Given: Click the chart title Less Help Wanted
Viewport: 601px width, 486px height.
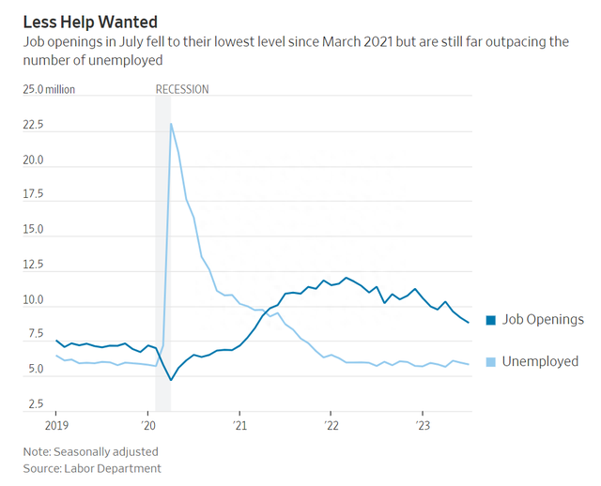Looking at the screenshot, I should coord(90,21).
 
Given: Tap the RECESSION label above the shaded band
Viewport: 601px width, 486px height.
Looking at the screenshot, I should coord(182,89).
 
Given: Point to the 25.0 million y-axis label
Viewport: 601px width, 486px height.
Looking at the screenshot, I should coord(50,89).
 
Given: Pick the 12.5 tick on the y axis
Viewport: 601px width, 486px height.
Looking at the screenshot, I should coord(34,266).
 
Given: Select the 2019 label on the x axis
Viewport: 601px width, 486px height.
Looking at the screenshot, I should coord(55,425).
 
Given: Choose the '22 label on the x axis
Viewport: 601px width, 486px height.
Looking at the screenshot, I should coord(331,425).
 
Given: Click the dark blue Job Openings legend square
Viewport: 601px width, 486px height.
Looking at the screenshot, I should coord(490,320).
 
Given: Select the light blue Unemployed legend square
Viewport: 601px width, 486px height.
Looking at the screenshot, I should coord(490,361).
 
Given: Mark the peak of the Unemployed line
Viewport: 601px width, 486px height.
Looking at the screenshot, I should coord(170,124).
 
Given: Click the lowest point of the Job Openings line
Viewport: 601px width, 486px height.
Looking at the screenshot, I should coord(170,379).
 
